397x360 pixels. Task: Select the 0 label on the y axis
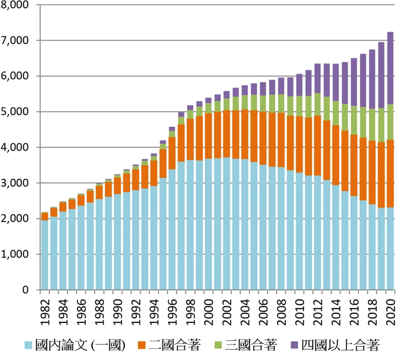click(25, 290)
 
